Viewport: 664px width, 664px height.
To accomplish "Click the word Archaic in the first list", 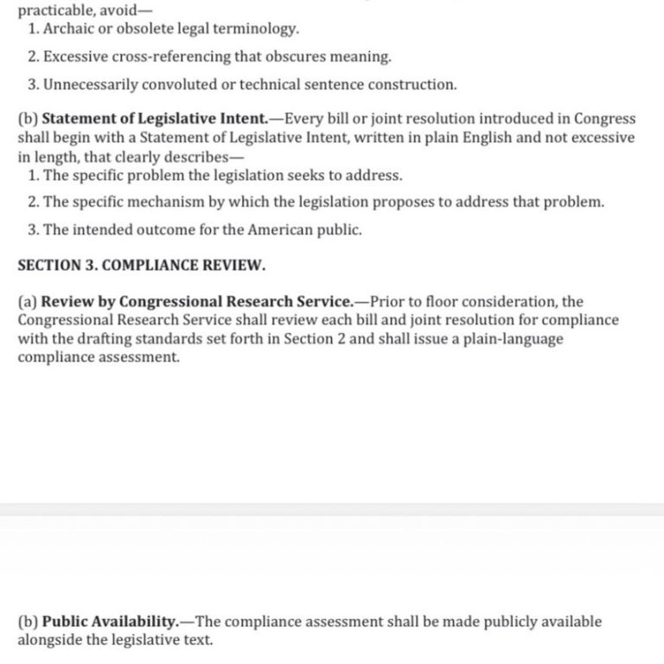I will click(69, 29).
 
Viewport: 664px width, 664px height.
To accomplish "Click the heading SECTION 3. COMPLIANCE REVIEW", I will click(142, 265).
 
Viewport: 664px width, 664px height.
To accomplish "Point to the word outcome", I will click(158, 231).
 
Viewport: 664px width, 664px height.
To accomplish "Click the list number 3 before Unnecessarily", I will click(32, 85).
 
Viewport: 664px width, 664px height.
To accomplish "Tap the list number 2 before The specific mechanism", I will click(32, 202).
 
